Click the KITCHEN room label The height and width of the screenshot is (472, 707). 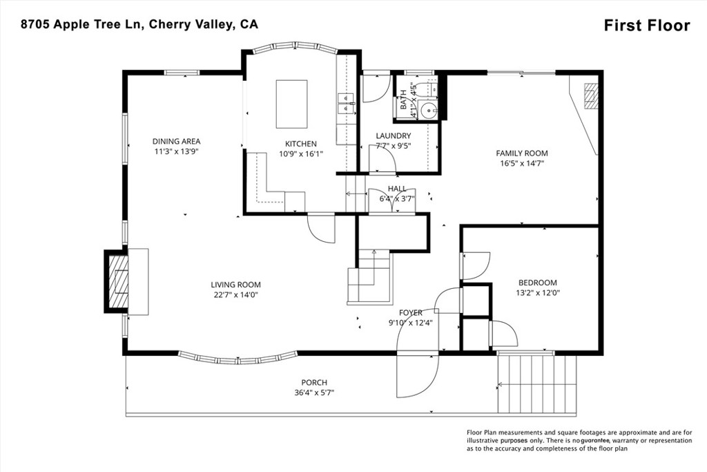(x=301, y=144)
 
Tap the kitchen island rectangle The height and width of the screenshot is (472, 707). (x=291, y=104)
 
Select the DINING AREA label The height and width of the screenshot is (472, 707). (x=176, y=142)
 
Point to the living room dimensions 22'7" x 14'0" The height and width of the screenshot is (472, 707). (x=235, y=295)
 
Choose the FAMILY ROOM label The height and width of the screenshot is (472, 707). (x=521, y=153)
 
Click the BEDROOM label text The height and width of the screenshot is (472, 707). (x=537, y=283)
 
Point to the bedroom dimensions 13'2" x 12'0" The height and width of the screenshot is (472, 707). (x=537, y=292)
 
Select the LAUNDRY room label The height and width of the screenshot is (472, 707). (x=393, y=136)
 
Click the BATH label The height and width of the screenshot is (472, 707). (x=404, y=104)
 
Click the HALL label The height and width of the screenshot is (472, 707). (x=397, y=189)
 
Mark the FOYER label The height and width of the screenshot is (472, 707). (x=410, y=313)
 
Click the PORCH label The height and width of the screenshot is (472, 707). (x=314, y=383)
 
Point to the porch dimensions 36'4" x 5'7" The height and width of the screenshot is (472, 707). (x=314, y=393)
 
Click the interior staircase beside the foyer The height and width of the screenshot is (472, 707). (x=369, y=276)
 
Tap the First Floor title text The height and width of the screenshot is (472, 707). (x=646, y=26)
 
